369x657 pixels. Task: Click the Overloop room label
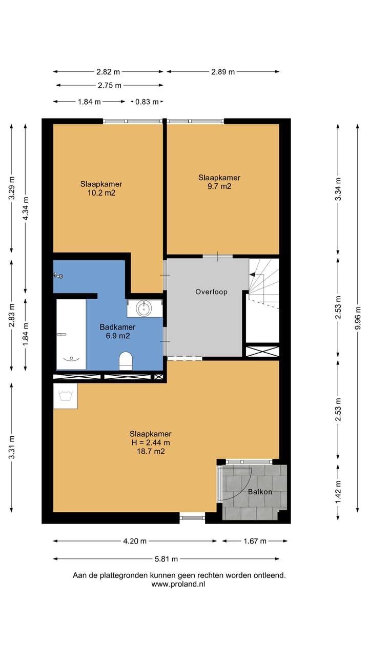click(211, 292)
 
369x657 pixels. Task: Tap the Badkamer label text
click(117, 327)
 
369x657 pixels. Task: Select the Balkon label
click(260, 492)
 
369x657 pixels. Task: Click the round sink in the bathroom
click(144, 308)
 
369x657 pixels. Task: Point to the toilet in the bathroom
click(126, 361)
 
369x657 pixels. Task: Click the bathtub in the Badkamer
click(71, 334)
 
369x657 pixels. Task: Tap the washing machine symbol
click(65, 396)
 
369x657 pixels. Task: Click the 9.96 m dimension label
click(358, 318)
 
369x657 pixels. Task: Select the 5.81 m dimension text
click(167, 559)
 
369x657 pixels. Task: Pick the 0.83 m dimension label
click(147, 102)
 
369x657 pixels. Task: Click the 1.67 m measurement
click(255, 541)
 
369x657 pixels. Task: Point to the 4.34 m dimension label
click(26, 208)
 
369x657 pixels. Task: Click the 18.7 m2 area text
click(151, 451)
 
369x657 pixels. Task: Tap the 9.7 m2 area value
click(219, 186)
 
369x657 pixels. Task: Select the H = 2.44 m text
click(151, 442)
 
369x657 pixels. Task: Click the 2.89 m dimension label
click(223, 72)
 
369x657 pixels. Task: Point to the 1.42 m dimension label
click(338, 492)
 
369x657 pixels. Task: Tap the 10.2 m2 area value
click(101, 192)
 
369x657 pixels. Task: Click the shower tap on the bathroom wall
click(58, 275)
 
